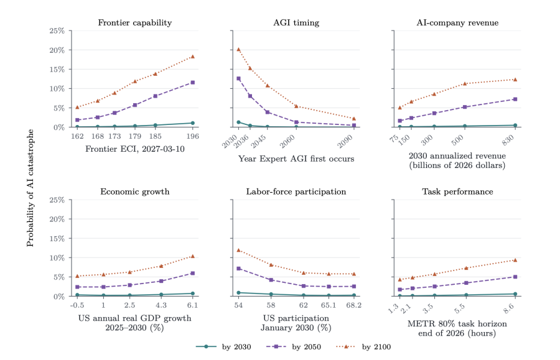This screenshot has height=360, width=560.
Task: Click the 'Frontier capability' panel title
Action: click(x=134, y=23)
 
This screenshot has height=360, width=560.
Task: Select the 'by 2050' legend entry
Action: click(x=294, y=347)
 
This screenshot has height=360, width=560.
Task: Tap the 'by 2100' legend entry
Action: click(x=363, y=347)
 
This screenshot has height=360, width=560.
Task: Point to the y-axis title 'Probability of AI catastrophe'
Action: click(x=30, y=188)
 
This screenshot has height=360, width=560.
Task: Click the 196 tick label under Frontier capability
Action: click(x=192, y=136)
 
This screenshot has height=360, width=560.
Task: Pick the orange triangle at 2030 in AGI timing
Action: click(x=238, y=49)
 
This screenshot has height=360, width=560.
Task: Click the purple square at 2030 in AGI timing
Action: click(x=238, y=78)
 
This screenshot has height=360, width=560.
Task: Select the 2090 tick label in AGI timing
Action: click(x=346, y=142)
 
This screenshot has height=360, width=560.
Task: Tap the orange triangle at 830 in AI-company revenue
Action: click(x=515, y=80)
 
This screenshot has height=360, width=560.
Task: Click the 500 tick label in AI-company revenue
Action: click(x=457, y=140)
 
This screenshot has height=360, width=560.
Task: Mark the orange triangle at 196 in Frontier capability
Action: click(x=192, y=57)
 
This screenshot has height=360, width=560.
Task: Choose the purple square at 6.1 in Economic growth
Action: click(x=192, y=274)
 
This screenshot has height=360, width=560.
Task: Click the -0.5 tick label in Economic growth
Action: click(x=77, y=305)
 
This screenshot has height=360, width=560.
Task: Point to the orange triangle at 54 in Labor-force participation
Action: click(x=238, y=250)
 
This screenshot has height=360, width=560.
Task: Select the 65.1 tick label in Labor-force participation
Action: click(x=329, y=305)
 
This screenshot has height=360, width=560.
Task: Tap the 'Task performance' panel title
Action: click(x=457, y=192)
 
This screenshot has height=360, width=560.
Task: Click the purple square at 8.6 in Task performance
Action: click(x=515, y=277)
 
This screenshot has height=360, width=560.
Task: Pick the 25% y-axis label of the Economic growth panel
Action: click(x=57, y=200)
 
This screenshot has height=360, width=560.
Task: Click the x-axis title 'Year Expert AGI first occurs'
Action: click(x=296, y=159)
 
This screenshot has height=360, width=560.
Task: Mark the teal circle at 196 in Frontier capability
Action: click(x=192, y=123)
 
